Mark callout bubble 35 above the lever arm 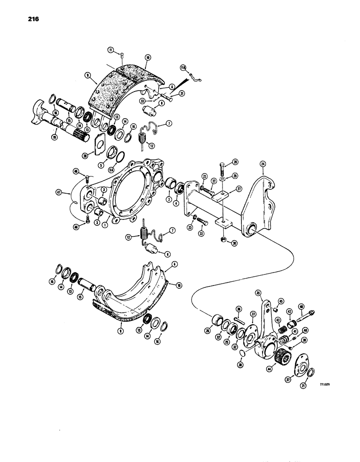pos(258,292)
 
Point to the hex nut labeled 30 pos(223,239)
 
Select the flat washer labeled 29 pos(222,178)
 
